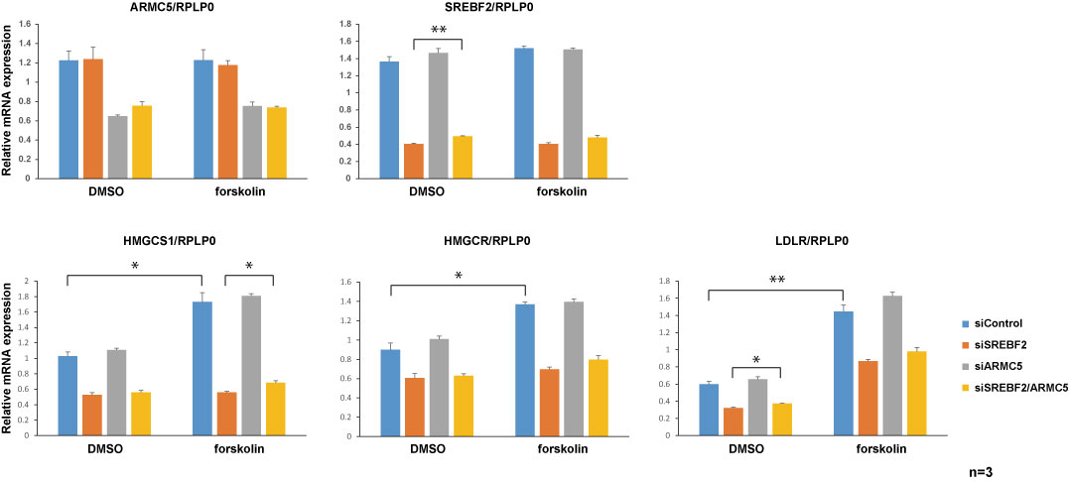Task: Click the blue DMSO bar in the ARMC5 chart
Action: [x=68, y=119]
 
